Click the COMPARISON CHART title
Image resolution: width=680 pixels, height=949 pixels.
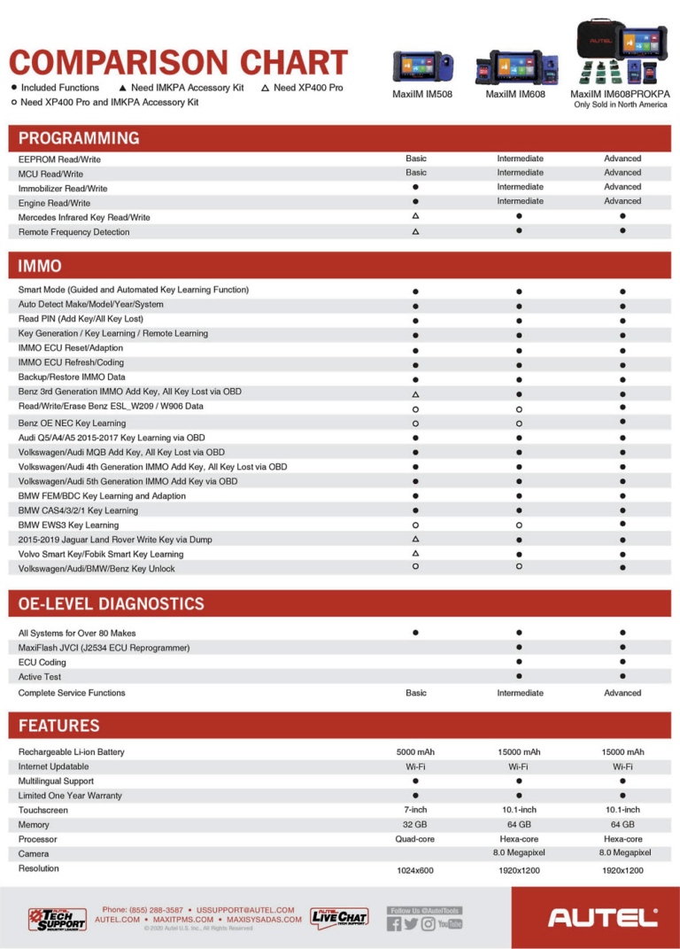(178, 63)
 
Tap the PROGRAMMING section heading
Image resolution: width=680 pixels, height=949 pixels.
(79, 138)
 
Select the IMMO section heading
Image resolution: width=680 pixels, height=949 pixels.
(40, 265)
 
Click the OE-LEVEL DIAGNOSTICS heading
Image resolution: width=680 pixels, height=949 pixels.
(111, 604)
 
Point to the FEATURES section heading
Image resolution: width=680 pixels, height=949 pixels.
(58, 726)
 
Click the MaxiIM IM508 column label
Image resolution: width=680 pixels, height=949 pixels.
(421, 93)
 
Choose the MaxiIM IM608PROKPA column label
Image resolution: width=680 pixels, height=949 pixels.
(620, 93)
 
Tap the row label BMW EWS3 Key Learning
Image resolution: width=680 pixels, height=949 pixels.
(68, 525)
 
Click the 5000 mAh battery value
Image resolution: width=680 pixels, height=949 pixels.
(415, 751)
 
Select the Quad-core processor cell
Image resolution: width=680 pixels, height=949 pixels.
(415, 838)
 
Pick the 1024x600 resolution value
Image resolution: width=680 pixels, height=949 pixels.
(415, 871)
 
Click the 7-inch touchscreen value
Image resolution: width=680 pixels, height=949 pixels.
(415, 810)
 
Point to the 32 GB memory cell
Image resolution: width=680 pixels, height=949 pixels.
(415, 824)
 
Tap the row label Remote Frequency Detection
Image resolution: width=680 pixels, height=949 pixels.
(73, 232)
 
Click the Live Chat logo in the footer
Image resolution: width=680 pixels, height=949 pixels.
(339, 918)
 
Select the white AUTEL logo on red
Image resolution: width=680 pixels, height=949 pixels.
(603, 918)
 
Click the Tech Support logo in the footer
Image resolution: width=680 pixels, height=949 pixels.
(58, 918)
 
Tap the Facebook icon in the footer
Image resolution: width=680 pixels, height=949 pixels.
(395, 924)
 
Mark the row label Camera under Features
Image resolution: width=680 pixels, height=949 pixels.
(34, 853)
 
